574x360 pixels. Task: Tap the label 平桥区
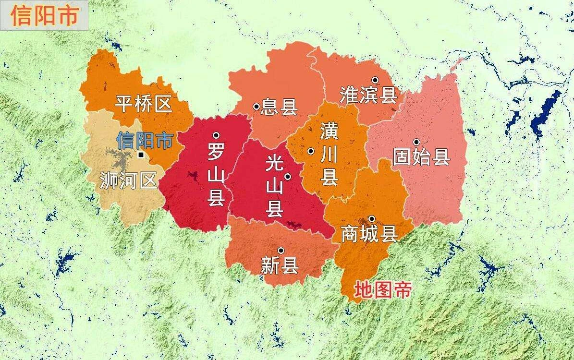click(x=144, y=104)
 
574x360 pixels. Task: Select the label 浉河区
click(x=129, y=180)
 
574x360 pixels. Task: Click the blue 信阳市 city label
click(x=145, y=140)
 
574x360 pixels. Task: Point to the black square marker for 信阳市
click(x=140, y=155)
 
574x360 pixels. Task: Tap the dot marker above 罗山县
click(x=216, y=135)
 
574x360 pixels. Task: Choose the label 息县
click(x=279, y=108)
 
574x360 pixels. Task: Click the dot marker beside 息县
click(x=256, y=107)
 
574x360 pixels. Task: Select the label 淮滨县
click(x=368, y=95)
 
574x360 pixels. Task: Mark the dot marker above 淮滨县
click(x=375, y=80)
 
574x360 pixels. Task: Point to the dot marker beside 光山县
click(x=288, y=177)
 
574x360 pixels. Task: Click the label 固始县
click(x=421, y=157)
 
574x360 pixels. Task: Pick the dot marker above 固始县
click(x=416, y=142)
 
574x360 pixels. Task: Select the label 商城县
click(x=369, y=234)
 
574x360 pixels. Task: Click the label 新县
click(x=280, y=265)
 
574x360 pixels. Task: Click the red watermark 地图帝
click(x=383, y=290)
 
